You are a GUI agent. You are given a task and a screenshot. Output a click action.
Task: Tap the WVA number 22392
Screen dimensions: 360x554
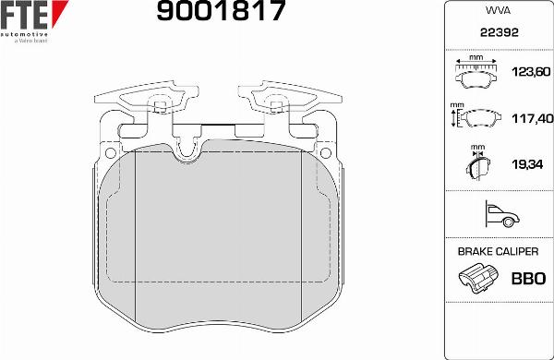pos(498,31)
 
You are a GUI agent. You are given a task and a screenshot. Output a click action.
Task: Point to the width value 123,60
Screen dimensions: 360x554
pos(530,72)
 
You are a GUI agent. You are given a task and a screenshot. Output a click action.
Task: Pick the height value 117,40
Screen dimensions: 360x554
pos(530,118)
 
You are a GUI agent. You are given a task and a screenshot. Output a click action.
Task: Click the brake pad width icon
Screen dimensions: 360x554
pos(477,72)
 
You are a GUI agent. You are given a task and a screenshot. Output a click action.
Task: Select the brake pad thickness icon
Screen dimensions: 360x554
pos(477,166)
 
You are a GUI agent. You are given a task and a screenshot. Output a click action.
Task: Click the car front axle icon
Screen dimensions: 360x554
pos(498,216)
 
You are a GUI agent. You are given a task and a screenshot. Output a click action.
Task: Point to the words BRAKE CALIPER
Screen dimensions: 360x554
pos(498,251)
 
